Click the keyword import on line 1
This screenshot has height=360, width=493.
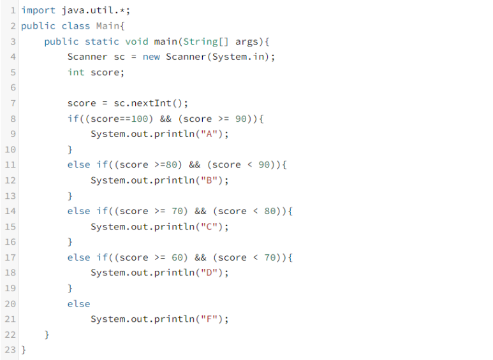38,10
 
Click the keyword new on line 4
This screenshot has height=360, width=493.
151,57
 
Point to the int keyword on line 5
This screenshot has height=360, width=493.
76,72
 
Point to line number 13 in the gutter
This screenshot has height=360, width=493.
10,196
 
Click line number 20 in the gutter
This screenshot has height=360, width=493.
10,304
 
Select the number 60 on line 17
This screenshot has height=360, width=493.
179,257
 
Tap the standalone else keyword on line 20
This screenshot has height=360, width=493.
78,304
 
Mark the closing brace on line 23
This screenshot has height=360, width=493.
24,350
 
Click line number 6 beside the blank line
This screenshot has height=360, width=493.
12,87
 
